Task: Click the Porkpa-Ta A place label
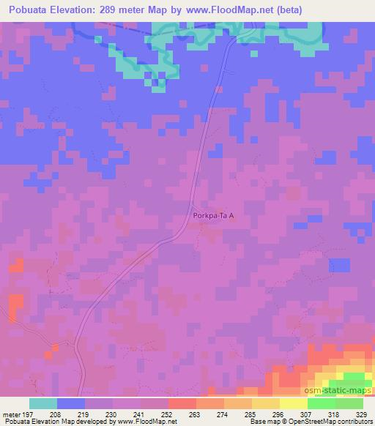click(212, 216)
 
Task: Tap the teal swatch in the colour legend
click(43, 403)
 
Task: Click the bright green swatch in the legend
click(322, 403)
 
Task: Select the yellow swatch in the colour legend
click(294, 403)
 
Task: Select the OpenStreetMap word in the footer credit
click(319, 422)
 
